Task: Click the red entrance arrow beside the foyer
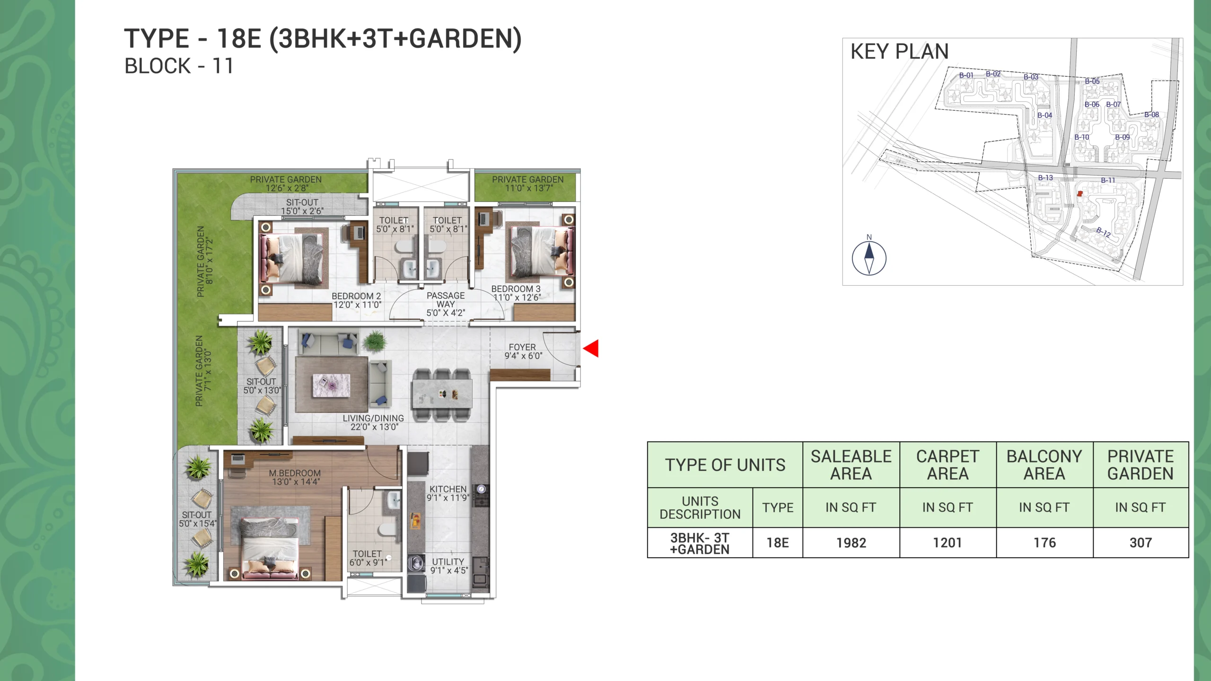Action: click(592, 349)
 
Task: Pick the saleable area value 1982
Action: click(851, 543)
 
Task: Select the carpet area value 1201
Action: click(948, 543)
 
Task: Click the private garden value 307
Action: click(1141, 543)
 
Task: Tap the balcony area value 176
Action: click(1044, 543)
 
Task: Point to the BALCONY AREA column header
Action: click(1044, 465)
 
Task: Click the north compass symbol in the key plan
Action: click(869, 258)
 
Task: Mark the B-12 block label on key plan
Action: click(1104, 232)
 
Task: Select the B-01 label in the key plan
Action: click(966, 76)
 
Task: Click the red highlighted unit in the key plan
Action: click(1079, 193)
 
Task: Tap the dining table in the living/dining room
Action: click(442, 394)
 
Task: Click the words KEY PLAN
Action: click(899, 52)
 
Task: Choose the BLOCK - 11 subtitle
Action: click(179, 66)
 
